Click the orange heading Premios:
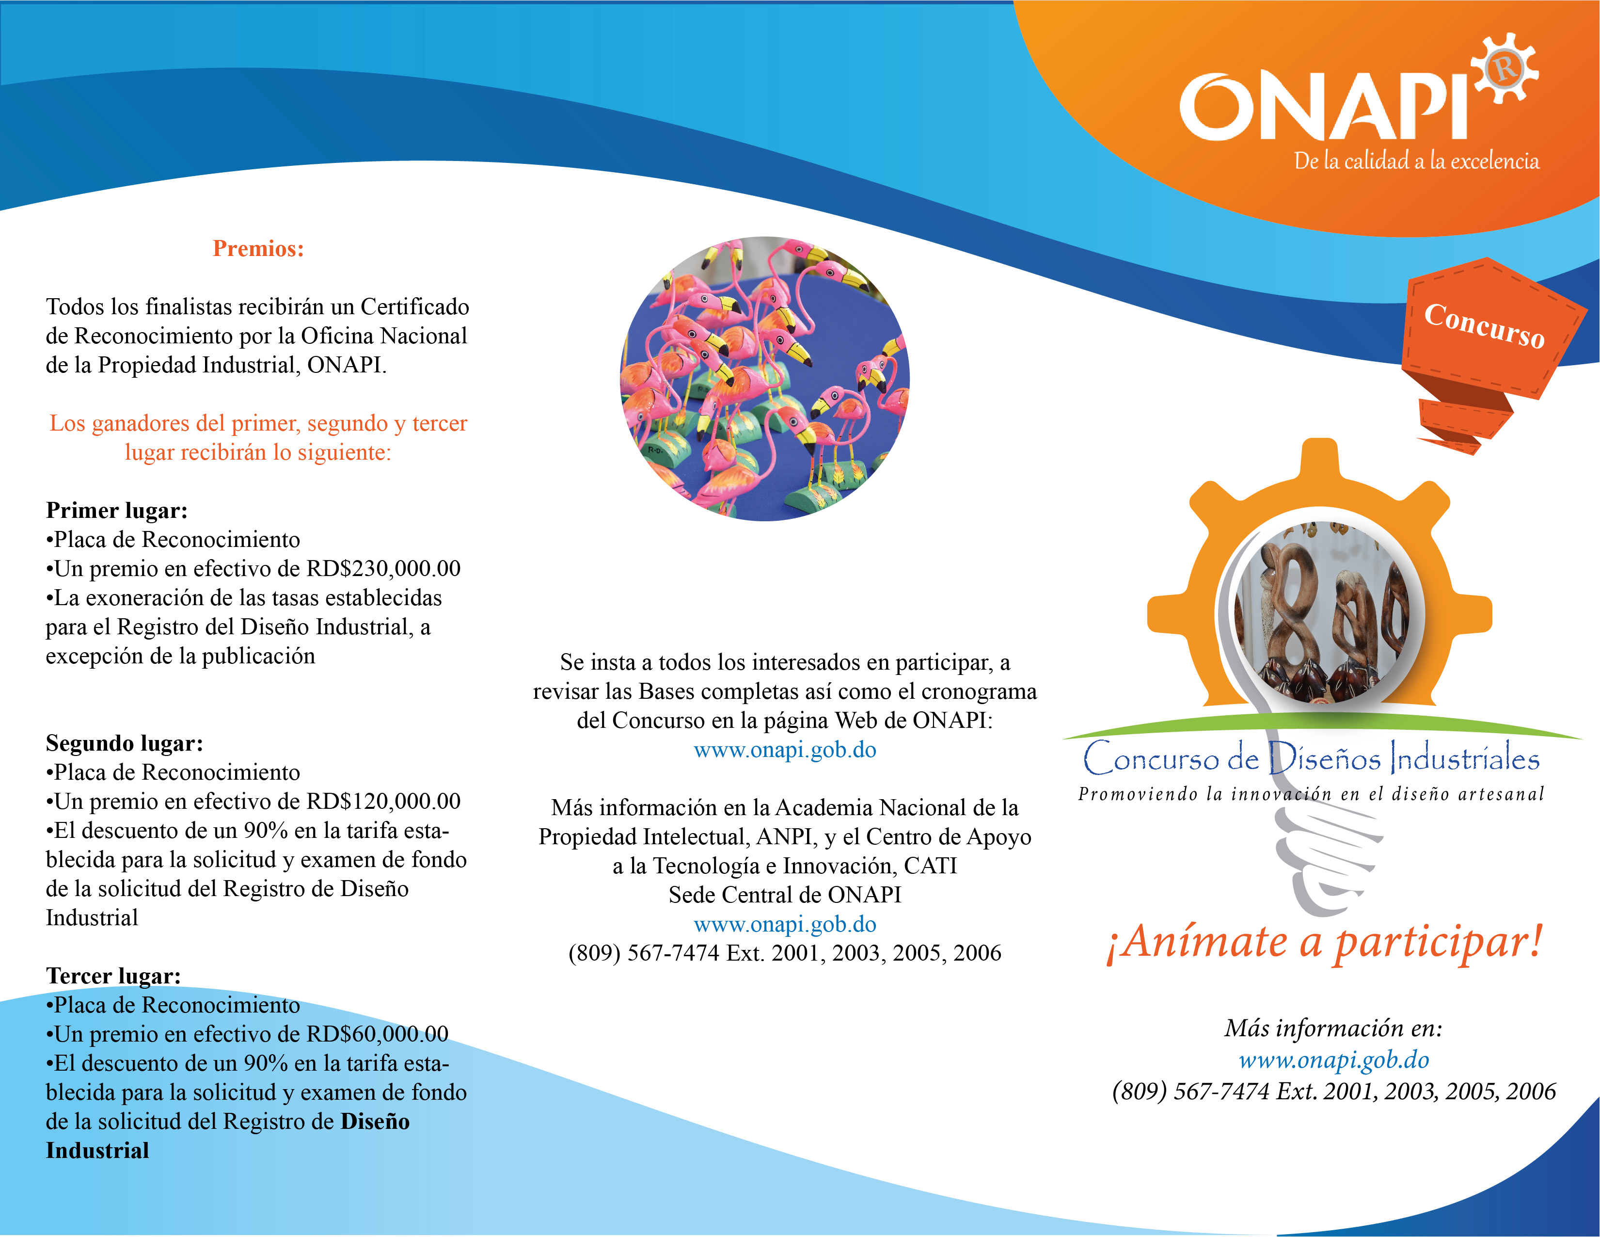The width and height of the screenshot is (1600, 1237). [258, 248]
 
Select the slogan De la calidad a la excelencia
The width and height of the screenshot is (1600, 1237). [1416, 161]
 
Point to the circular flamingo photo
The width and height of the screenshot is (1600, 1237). [765, 378]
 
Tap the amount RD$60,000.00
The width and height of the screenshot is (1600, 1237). [377, 1034]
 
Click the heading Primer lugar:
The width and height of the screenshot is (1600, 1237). [116, 510]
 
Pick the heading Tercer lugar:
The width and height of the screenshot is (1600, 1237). [113, 975]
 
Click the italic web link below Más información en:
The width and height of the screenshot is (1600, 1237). [1333, 1060]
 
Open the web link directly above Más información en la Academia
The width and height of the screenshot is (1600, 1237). [785, 750]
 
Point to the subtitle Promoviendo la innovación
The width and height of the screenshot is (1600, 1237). [1311, 794]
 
